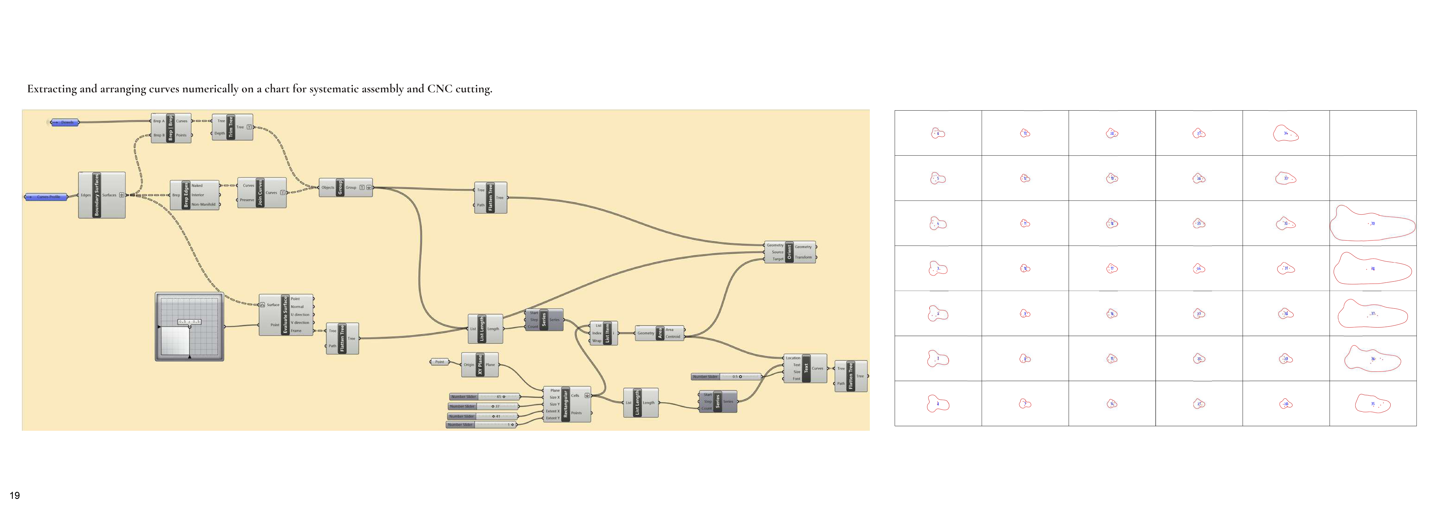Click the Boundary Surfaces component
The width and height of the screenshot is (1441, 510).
pyautogui.click(x=96, y=195)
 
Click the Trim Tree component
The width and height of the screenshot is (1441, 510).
pyautogui.click(x=230, y=127)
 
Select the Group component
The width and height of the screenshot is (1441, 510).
pyautogui.click(x=340, y=188)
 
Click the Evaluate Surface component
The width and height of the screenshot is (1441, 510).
pyautogui.click(x=285, y=315)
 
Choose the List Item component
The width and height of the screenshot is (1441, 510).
pyautogui.click(x=608, y=333)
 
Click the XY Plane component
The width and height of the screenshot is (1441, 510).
pyautogui.click(x=479, y=364)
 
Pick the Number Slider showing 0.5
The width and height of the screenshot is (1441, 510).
pyautogui.click(x=726, y=377)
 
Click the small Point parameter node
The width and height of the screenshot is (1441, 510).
pyautogui.click(x=440, y=362)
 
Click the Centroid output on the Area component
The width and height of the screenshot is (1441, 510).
pyautogui.click(x=673, y=336)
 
